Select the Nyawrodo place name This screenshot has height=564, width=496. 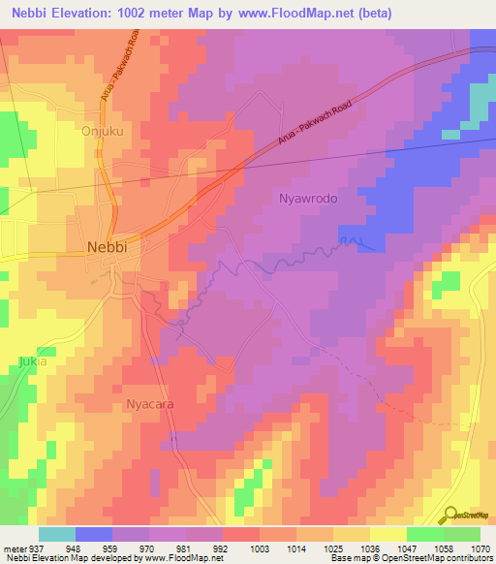(307, 199)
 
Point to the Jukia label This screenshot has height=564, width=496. (31, 361)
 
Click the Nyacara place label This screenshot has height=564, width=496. (149, 405)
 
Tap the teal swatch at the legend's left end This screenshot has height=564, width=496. (56, 534)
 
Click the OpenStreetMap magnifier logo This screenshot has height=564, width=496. (449, 515)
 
